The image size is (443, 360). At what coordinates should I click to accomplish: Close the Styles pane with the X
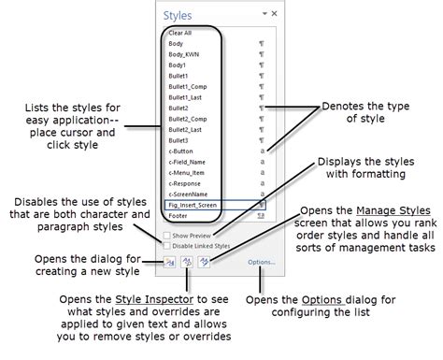[275, 14]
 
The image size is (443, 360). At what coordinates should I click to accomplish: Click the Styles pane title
[178, 14]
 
